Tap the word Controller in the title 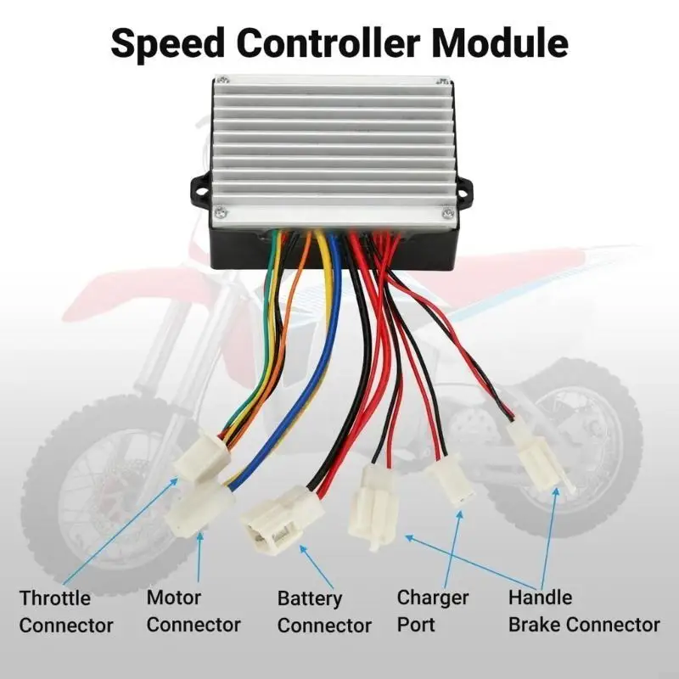pos(328,43)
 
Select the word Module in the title pos(500,43)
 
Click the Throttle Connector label pos(66,612)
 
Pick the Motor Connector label pos(194,611)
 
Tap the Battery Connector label pos(324,612)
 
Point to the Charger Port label pos(433,611)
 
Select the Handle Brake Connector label pos(584,611)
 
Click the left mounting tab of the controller pos(201,190)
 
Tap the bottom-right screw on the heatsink pos(447,213)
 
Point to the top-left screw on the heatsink pos(223,80)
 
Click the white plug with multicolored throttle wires pos(202,457)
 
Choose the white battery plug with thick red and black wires pos(282,520)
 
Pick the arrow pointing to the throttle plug pos(121,531)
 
